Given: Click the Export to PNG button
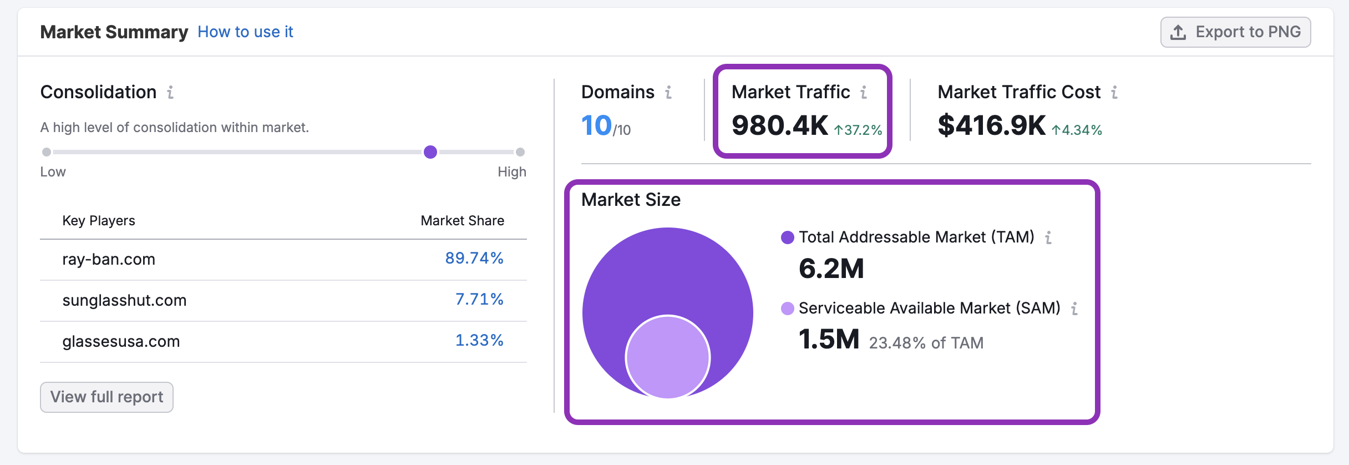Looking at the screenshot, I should [1235, 32].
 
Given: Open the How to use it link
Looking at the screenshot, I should [245, 32].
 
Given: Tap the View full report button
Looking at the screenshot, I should [106, 397].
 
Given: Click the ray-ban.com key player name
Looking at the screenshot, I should [109, 259].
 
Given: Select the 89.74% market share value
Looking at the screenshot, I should [474, 258].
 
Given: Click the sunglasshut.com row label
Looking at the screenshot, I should [124, 300].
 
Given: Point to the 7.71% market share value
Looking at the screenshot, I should [479, 299].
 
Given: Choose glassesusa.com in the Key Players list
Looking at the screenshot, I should [121, 341].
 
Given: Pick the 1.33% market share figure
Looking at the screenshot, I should [479, 340].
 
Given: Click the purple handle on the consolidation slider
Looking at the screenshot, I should [430, 152].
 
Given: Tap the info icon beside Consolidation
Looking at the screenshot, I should [170, 92].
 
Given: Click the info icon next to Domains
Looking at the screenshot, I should [668, 92].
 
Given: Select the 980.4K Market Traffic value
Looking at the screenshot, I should [779, 125].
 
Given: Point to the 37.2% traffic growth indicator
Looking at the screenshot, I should [858, 130].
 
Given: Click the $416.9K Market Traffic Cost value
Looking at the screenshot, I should [991, 125].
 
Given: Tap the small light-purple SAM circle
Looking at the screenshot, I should [668, 357].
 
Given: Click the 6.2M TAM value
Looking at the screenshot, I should [831, 269].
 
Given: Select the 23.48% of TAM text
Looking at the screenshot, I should [926, 343].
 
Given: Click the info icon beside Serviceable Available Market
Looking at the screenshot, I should [1074, 309].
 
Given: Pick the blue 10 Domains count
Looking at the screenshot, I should [596, 125].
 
